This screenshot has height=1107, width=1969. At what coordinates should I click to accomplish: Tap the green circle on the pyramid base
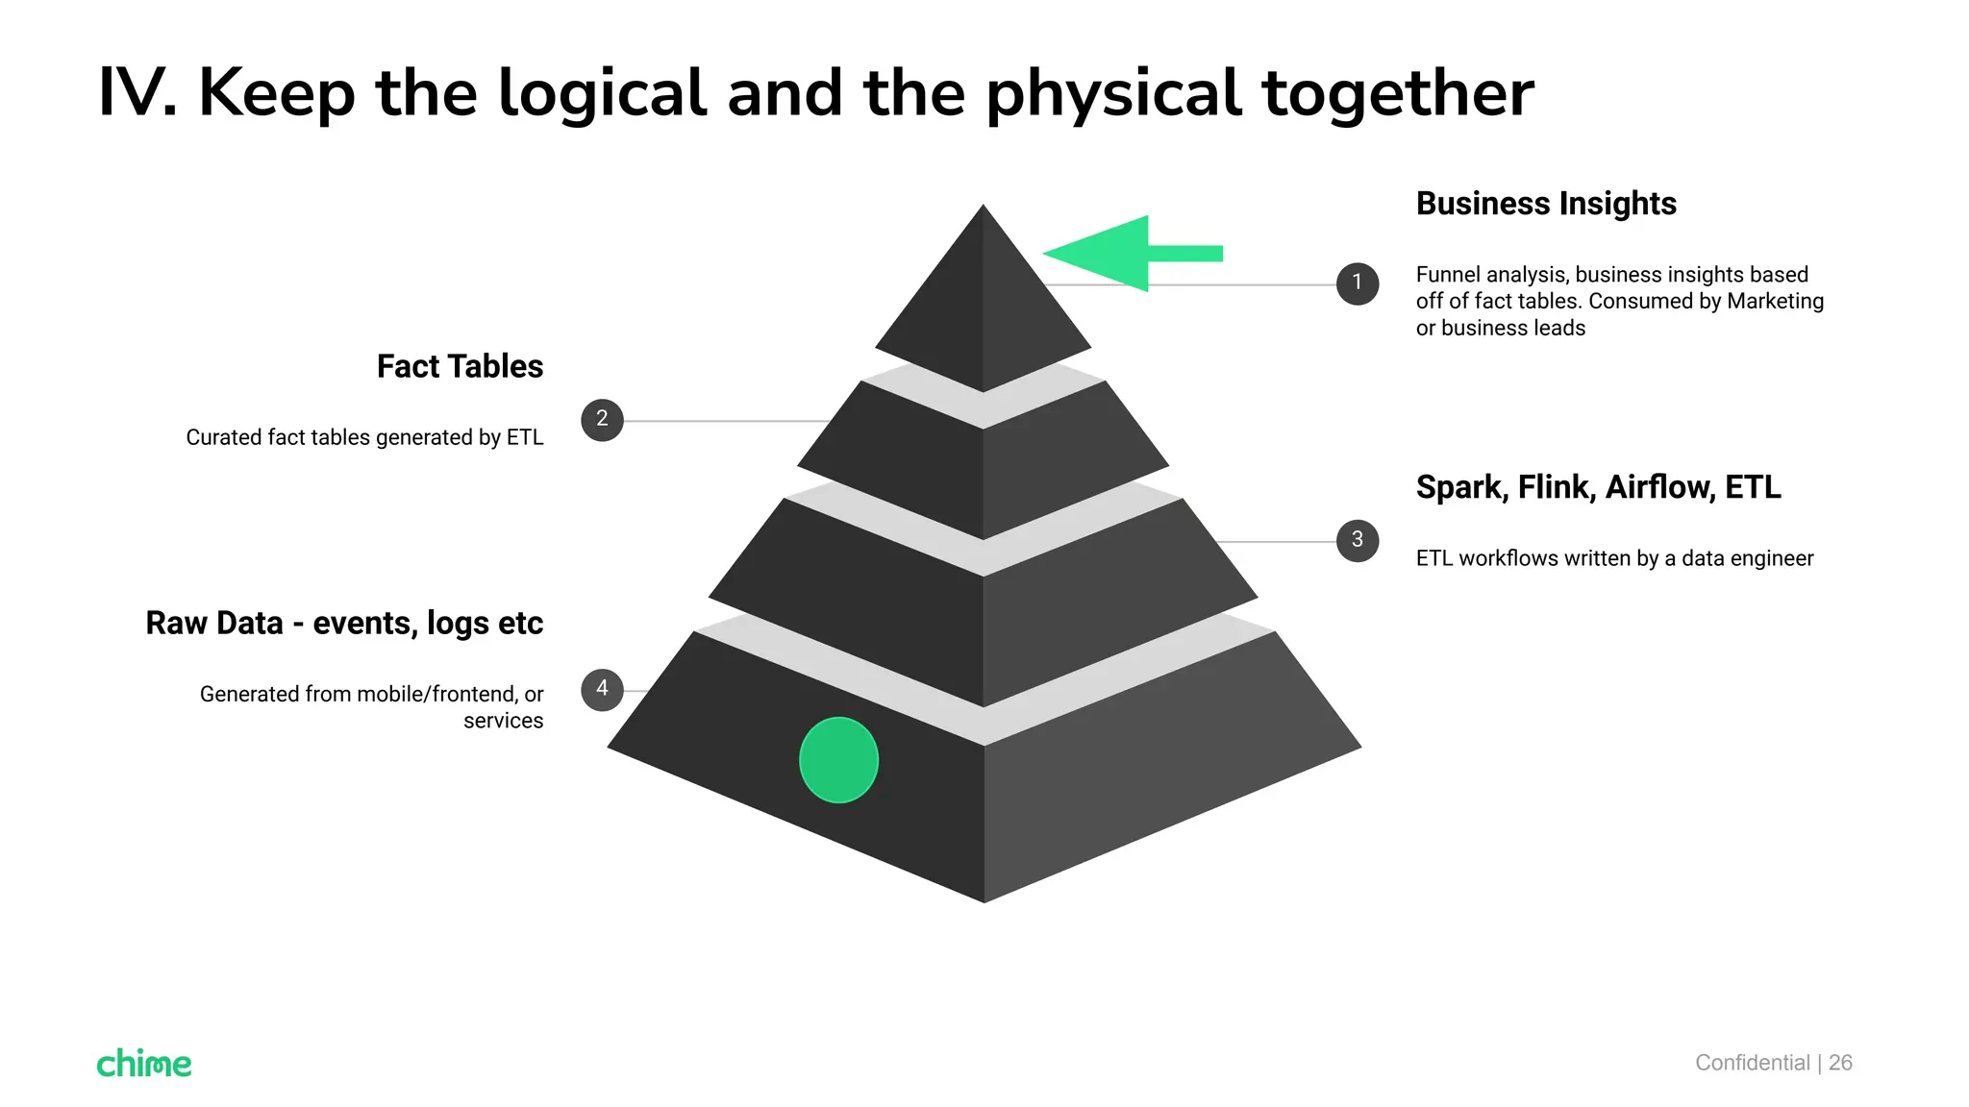(x=838, y=760)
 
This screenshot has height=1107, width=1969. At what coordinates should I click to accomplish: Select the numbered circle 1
(x=1358, y=283)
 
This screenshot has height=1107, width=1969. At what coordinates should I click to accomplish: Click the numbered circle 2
(x=602, y=420)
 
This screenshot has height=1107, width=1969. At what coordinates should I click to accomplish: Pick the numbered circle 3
(x=1358, y=541)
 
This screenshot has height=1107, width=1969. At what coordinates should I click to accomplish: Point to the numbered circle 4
(x=602, y=690)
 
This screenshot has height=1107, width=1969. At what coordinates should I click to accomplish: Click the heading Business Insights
(x=1546, y=204)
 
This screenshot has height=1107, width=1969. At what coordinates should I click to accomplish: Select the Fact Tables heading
(x=460, y=366)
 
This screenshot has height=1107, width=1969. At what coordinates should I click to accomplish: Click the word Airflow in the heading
(x=1659, y=487)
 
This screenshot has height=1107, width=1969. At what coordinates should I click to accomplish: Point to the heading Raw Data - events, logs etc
(x=344, y=624)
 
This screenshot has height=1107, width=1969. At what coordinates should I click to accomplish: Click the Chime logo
(x=144, y=1063)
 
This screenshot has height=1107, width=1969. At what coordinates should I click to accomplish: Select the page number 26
(x=1840, y=1063)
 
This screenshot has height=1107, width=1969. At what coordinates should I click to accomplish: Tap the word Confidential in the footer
(x=1752, y=1063)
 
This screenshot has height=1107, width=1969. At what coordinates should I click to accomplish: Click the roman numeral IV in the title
(x=137, y=93)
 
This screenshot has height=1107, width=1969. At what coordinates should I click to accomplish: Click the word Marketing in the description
(x=1775, y=302)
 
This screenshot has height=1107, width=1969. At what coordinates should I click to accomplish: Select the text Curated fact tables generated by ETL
(x=364, y=438)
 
